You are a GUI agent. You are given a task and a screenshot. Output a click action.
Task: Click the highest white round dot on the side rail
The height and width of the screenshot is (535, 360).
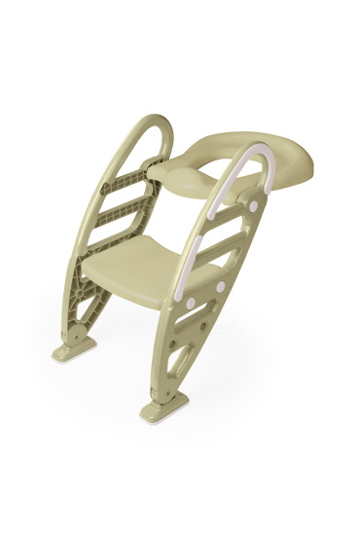click(x=255, y=206)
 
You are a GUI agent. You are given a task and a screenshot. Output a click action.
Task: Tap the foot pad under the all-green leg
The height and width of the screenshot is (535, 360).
click(x=73, y=344)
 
